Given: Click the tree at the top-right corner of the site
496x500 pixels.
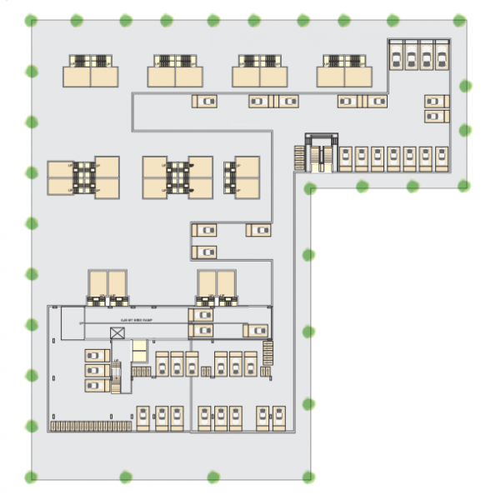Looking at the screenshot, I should pyautogui.click(x=459, y=19).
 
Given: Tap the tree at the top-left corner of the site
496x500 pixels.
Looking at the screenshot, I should pyautogui.click(x=32, y=20).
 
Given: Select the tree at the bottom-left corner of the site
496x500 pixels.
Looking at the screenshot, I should pyautogui.click(x=32, y=477).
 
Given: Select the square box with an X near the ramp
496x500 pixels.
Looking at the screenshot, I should pyautogui.click(x=118, y=333).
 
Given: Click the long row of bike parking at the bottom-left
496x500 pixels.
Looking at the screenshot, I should pyautogui.click(x=91, y=426).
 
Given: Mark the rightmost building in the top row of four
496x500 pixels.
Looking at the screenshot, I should pyautogui.click(x=343, y=72).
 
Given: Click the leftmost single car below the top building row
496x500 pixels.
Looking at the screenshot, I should pyautogui.click(x=205, y=101).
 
